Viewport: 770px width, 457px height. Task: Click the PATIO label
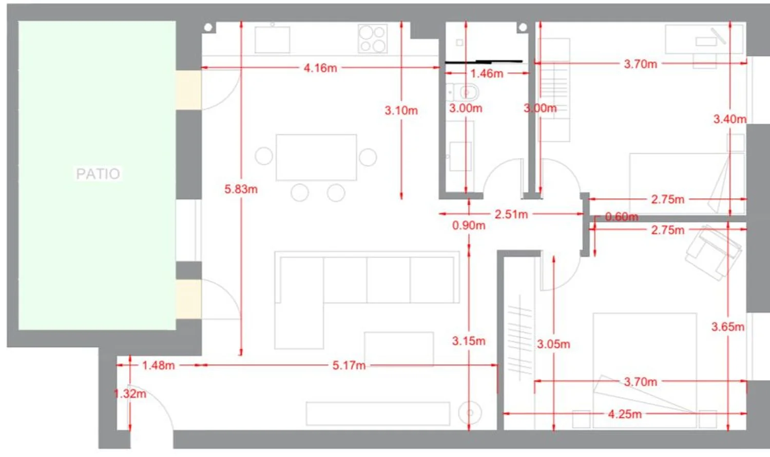(x=98, y=174)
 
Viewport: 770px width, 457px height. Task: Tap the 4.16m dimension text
(x=320, y=68)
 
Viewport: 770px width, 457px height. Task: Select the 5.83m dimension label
(x=241, y=189)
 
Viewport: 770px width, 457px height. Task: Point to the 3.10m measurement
(x=401, y=110)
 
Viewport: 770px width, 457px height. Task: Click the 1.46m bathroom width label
(x=487, y=73)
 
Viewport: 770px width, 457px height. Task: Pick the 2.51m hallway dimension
(x=511, y=214)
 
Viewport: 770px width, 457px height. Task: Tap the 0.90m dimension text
(x=469, y=225)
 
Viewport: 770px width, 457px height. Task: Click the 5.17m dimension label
(x=349, y=365)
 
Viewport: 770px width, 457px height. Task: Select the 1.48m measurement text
(x=158, y=365)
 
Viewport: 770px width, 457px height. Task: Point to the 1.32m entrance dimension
(x=130, y=393)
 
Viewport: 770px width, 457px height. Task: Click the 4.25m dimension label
(x=625, y=414)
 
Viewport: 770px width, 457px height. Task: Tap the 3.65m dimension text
(x=728, y=327)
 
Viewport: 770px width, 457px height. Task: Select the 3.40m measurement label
(x=730, y=119)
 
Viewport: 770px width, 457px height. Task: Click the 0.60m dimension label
(x=622, y=217)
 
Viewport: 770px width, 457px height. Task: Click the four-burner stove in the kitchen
(x=373, y=38)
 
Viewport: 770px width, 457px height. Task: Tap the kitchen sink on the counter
(x=272, y=40)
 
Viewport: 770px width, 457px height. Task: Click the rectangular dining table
(x=316, y=157)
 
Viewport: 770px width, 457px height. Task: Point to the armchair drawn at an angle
(x=713, y=253)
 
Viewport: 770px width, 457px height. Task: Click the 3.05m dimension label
(x=553, y=344)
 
